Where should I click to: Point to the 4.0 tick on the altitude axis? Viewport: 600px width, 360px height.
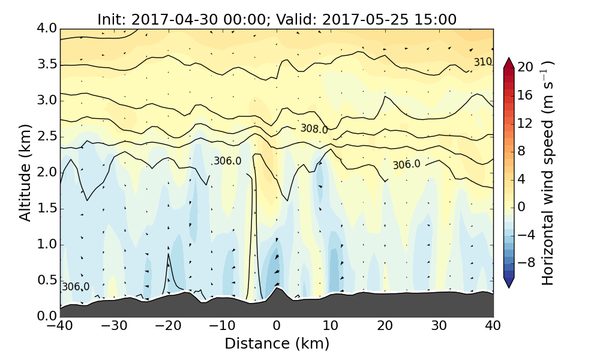tap(47, 29)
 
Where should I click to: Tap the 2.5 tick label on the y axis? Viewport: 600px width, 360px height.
tap(47, 137)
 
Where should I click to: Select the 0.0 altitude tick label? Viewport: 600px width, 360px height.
tap(47, 316)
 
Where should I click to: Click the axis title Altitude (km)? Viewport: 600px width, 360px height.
tap(25, 173)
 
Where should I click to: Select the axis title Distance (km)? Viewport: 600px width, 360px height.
tap(277, 344)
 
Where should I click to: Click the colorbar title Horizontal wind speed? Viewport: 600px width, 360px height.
tap(547, 173)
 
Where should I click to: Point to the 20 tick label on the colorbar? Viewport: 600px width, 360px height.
tap(526, 67)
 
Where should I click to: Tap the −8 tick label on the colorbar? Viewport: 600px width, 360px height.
tap(526, 262)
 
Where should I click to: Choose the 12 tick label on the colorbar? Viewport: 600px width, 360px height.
tap(526, 123)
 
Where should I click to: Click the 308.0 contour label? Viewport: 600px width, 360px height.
tap(314, 129)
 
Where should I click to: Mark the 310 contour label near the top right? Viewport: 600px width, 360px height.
tap(482, 62)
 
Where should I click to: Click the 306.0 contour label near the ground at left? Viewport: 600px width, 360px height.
tap(76, 287)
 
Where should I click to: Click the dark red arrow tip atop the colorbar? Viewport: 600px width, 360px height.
tap(509, 62)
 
